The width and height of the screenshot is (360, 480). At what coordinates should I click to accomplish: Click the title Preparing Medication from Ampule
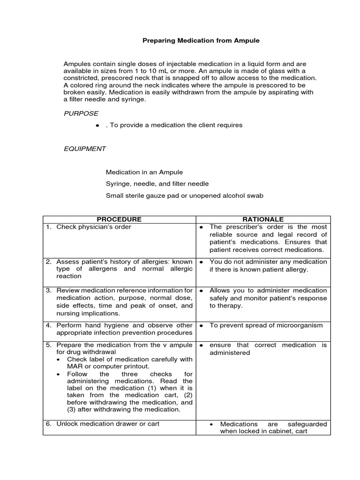(201, 41)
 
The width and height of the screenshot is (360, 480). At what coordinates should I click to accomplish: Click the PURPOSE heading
(81, 113)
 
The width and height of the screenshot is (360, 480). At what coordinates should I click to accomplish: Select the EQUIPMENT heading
(85, 149)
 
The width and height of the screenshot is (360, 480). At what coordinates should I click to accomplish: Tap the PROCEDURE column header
(119, 219)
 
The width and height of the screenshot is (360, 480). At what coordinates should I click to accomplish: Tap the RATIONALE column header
(263, 219)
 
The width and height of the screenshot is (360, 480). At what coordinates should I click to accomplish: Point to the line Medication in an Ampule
(144, 172)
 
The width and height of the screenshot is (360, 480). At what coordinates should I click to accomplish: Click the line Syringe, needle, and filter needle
(157, 184)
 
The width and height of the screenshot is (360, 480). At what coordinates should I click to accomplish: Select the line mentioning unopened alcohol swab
(185, 195)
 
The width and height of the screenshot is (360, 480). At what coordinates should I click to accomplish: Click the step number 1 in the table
(48, 227)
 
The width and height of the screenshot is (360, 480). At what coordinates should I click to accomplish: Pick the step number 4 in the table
(48, 325)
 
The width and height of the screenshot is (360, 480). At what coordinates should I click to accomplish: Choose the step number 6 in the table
(48, 424)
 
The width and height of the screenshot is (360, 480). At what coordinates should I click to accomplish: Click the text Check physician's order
(94, 227)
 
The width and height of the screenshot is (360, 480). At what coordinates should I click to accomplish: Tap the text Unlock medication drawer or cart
(108, 424)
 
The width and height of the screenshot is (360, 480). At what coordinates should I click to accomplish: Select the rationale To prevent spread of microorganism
(266, 325)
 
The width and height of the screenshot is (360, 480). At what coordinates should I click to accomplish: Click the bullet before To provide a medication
(97, 126)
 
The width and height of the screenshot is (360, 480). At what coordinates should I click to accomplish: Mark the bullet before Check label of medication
(58, 360)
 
